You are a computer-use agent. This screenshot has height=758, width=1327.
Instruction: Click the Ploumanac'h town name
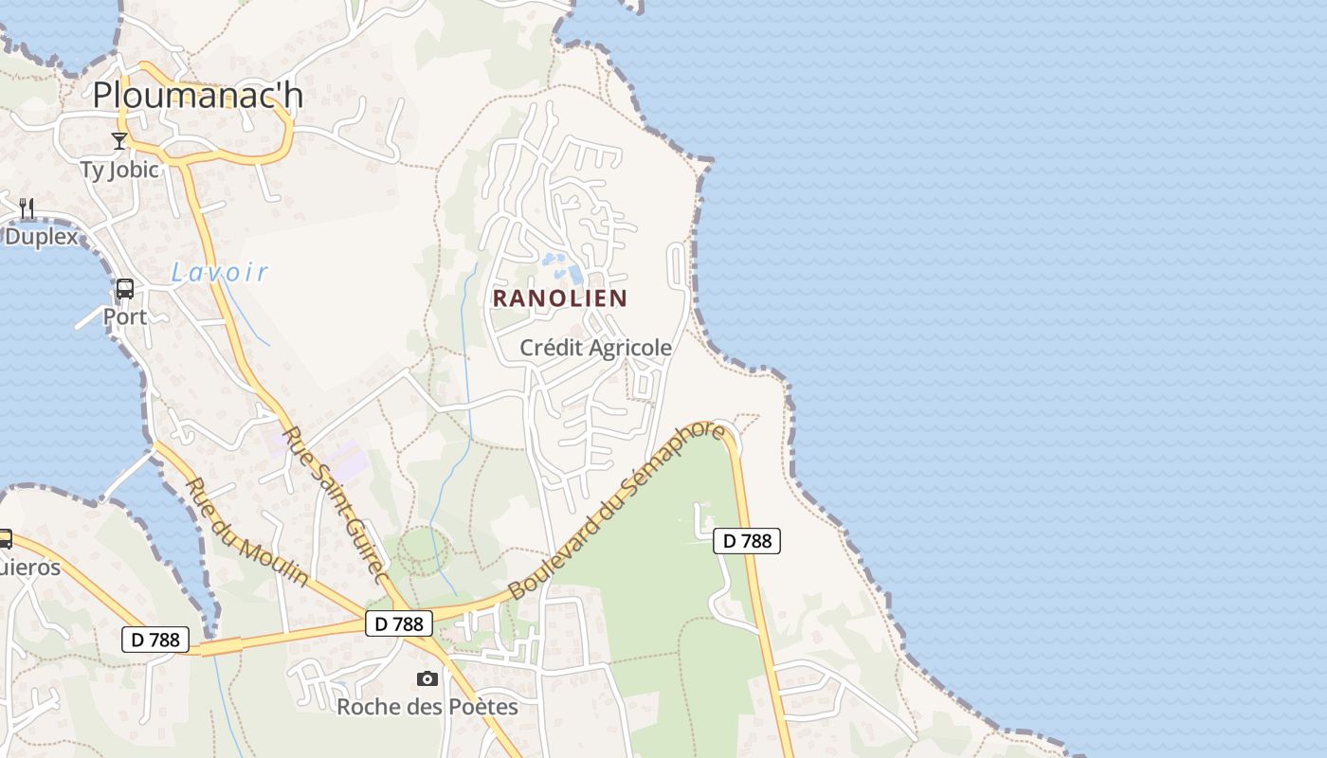pyautogui.click(x=198, y=96)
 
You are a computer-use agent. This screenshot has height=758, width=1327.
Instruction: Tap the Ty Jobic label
pyautogui.click(x=119, y=170)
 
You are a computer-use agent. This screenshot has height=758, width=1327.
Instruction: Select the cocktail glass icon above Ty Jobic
pyautogui.click(x=119, y=141)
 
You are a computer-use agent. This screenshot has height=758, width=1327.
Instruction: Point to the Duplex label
pyautogui.click(x=42, y=236)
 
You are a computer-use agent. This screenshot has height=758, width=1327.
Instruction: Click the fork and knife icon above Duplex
pyautogui.click(x=27, y=208)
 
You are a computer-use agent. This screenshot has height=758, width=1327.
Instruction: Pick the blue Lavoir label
pyautogui.click(x=220, y=273)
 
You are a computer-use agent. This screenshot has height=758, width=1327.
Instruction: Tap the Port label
pyautogui.click(x=125, y=316)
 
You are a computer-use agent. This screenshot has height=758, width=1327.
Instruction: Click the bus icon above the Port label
pyautogui.click(x=124, y=289)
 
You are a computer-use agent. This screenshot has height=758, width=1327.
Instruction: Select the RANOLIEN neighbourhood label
pyautogui.click(x=560, y=298)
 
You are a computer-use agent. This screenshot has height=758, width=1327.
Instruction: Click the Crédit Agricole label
pyautogui.click(x=596, y=348)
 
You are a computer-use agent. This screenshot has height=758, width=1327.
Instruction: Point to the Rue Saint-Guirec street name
pyautogui.click(x=336, y=506)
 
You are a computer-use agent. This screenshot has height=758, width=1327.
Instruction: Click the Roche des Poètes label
pyautogui.click(x=427, y=707)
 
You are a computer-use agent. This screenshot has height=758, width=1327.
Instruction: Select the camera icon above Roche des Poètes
pyautogui.click(x=427, y=678)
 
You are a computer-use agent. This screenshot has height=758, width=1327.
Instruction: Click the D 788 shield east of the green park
pyautogui.click(x=746, y=541)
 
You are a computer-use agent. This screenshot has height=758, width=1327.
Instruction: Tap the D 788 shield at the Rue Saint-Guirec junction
pyautogui.click(x=399, y=623)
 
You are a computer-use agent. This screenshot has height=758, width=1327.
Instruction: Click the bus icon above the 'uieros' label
pyautogui.click(x=5, y=539)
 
